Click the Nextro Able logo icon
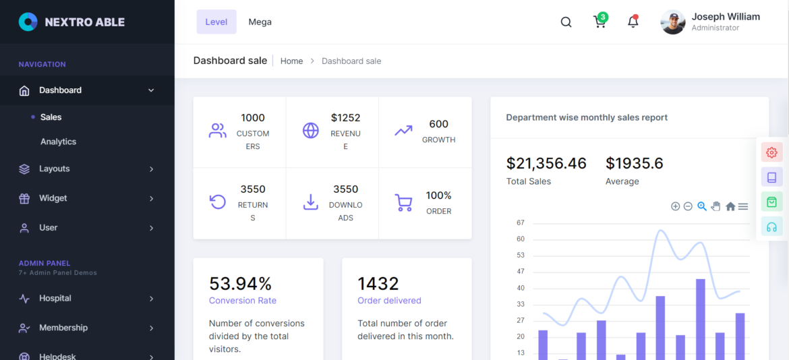click(x=28, y=22)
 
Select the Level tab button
click(x=216, y=22)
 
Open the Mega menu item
click(x=260, y=22)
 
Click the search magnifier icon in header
click(x=566, y=22)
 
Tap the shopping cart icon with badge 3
click(x=600, y=22)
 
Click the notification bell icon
click(x=633, y=22)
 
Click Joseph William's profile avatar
click(x=672, y=22)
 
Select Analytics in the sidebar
click(x=58, y=142)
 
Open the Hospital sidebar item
click(x=55, y=298)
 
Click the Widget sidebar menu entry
click(x=53, y=198)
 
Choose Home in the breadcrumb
click(x=291, y=61)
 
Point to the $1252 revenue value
click(x=345, y=118)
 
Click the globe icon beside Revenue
click(x=310, y=131)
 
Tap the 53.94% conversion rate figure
click(x=240, y=283)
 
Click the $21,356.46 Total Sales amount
click(x=546, y=163)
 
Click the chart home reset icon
click(x=730, y=206)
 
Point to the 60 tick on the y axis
click(x=520, y=239)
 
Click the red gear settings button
click(x=771, y=152)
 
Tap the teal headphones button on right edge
click(x=771, y=227)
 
